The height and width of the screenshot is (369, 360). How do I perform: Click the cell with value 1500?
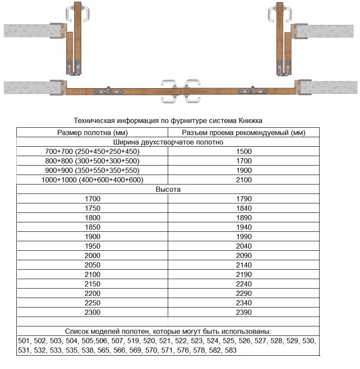pos(244,151)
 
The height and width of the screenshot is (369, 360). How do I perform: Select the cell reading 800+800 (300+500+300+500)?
pos(92,161)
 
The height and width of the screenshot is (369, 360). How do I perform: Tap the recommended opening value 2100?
pos(244,180)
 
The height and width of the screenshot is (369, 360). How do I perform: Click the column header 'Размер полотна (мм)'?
pos(92,132)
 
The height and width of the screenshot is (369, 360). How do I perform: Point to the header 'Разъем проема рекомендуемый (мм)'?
pos(244,132)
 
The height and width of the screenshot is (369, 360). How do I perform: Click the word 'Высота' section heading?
pos(168,189)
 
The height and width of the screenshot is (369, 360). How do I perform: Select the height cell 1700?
pos(92,199)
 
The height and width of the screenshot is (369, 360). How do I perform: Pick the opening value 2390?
pos(244,312)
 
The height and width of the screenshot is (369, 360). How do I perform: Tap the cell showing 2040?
pos(244,246)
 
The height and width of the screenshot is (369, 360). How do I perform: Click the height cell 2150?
pos(92,284)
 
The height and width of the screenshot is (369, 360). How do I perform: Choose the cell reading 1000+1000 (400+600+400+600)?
pos(92,180)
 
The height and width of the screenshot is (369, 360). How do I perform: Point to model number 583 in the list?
pos(231,351)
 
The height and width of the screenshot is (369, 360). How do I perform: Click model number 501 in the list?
pos(24,341)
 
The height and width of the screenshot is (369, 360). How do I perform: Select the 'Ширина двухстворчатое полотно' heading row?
pos(168,142)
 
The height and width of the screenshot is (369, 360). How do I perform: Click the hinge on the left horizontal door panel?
pos(110,91)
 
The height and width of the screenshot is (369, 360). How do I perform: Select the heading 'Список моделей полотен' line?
pos(168,332)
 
